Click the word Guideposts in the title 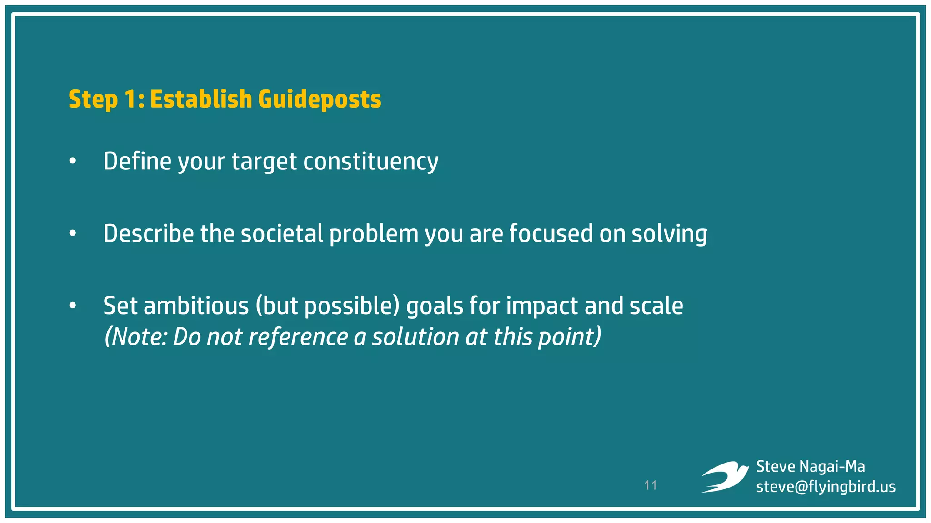tap(320, 99)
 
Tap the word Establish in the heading tap(201, 99)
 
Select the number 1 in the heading tap(130, 99)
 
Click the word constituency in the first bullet tap(370, 161)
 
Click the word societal tap(282, 233)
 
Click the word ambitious tap(196, 306)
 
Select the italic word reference tap(298, 337)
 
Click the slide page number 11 tap(651, 485)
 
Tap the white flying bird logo tap(725, 477)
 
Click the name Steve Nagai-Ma tap(810, 466)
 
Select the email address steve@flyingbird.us tap(826, 487)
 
